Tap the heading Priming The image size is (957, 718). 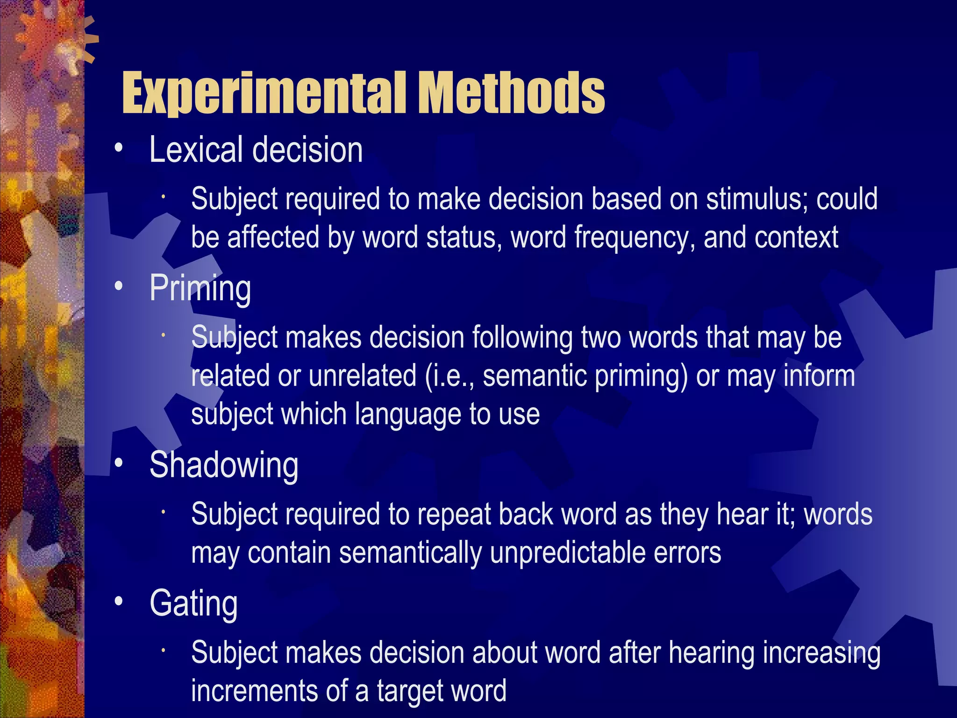[x=200, y=288]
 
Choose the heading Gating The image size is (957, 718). [x=193, y=603]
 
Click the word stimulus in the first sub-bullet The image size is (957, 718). [x=757, y=199]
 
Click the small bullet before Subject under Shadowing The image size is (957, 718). [x=164, y=512]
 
